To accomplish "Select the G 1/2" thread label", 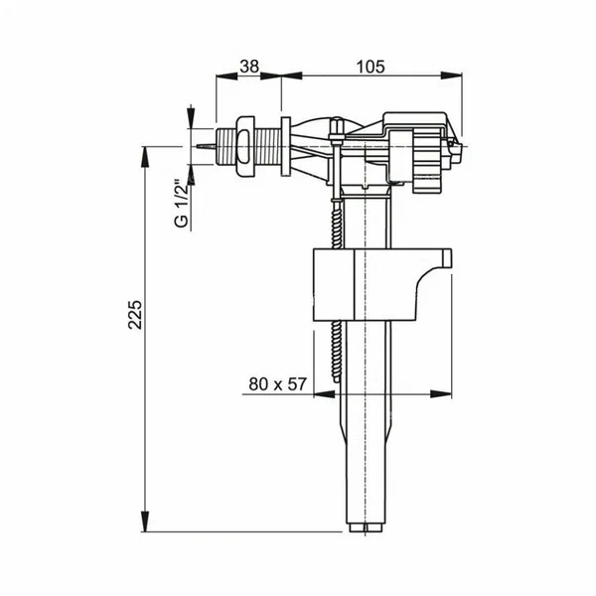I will pos(181,204).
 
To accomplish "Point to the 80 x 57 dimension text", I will pos(276,383).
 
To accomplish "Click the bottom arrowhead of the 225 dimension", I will pos(147,522).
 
